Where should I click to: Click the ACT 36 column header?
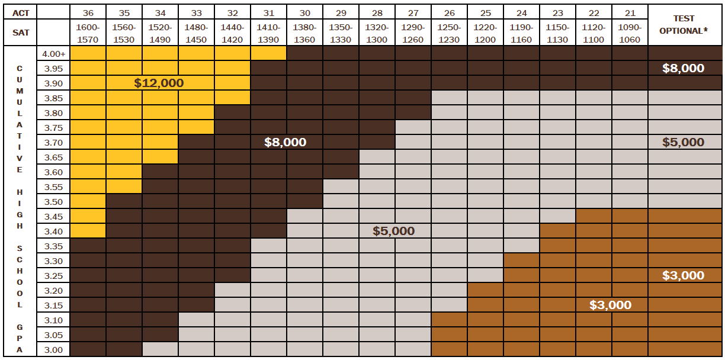(x=88, y=12)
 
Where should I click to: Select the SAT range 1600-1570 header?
(x=88, y=33)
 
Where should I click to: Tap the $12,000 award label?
(x=159, y=83)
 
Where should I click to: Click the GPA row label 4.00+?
(x=53, y=54)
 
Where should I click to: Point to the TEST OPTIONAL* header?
(x=684, y=24)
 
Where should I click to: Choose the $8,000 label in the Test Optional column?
(x=683, y=69)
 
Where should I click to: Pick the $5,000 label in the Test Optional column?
(x=683, y=142)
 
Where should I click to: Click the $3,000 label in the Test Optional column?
(x=683, y=275)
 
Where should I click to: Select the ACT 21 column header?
(x=629, y=12)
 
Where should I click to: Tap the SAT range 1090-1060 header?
(x=629, y=33)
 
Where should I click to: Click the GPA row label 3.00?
(x=53, y=349)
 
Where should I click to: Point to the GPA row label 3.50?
(x=53, y=201)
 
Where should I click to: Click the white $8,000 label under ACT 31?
(x=285, y=142)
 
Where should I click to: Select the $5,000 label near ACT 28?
(x=393, y=231)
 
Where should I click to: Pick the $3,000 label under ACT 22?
(x=610, y=305)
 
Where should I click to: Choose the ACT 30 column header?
(x=304, y=12)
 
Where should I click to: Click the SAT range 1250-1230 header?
(x=449, y=33)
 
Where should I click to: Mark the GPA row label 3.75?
(x=53, y=128)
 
